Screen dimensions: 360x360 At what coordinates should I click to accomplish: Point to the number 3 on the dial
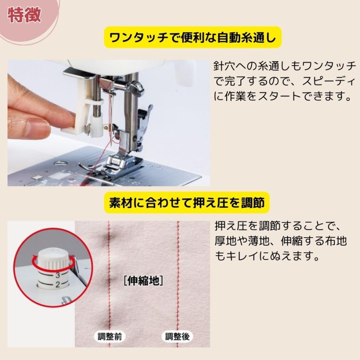[58, 275]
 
